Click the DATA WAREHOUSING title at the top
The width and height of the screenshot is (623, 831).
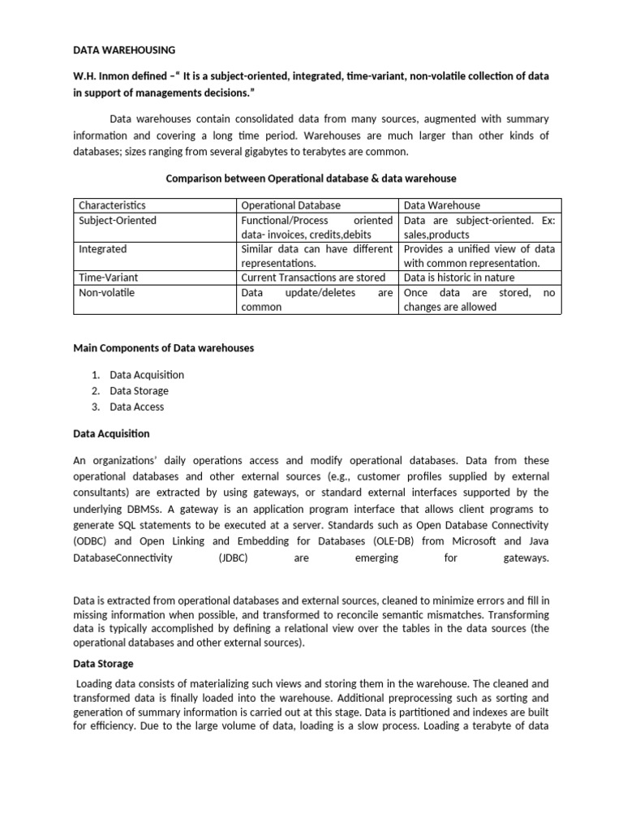coord(124,50)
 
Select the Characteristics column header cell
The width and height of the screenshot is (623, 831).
coord(112,205)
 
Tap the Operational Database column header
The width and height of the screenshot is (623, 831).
coord(291,205)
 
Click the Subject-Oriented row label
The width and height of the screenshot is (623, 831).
coord(118,220)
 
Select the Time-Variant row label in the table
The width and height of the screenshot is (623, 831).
coord(108,278)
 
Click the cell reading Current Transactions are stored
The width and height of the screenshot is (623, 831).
coord(313,278)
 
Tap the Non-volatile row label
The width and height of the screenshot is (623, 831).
coord(106,292)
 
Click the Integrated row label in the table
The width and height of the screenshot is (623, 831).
coord(102,249)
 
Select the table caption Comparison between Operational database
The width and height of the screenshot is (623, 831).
coord(311,178)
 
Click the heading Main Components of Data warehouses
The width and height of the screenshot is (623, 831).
coord(163,348)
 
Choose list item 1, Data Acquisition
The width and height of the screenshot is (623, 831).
coord(147,375)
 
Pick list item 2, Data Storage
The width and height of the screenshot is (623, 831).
coord(139,391)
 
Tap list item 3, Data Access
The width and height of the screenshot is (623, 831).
coord(136,407)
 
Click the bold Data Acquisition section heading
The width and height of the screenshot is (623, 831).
coord(111,434)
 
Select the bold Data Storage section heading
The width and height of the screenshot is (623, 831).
coord(103,663)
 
